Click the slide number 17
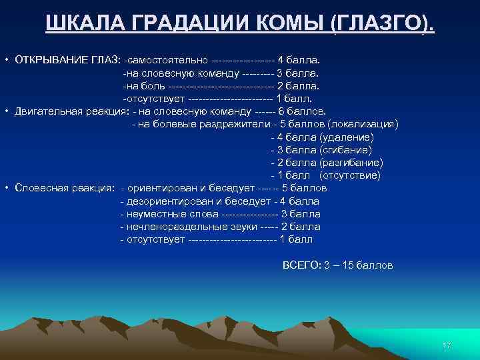(447, 345)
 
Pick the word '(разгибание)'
(351, 163)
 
